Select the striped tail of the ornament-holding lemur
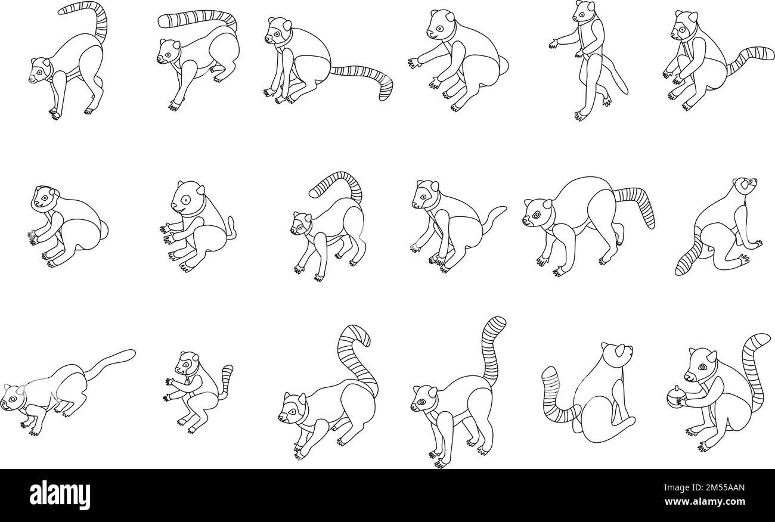click(754, 369)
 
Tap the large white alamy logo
click(60, 495)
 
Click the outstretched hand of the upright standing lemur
click(553, 42)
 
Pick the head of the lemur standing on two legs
click(585, 11)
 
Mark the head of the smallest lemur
click(188, 362)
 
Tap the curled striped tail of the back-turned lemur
click(554, 396)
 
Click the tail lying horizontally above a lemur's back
click(197, 18)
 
